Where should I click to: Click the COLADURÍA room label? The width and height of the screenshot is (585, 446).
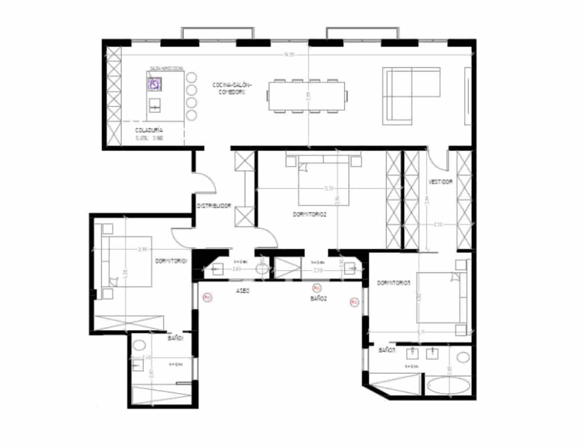(x=149, y=130)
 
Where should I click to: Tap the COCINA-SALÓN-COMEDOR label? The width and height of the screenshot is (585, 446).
(x=232, y=88)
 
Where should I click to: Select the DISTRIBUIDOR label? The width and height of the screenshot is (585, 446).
(x=214, y=206)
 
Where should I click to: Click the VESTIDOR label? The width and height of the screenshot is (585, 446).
(x=441, y=182)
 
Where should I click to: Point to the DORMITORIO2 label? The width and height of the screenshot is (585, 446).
(x=310, y=214)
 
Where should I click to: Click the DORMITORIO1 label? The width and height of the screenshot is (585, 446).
(x=171, y=261)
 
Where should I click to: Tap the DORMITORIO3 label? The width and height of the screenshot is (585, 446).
(x=394, y=283)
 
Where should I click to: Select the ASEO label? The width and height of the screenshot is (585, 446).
(x=243, y=291)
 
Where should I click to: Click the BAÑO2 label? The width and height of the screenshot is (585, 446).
(x=318, y=298)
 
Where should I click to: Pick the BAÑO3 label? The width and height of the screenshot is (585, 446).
(x=387, y=350)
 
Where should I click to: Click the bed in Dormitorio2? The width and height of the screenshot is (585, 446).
(x=324, y=182)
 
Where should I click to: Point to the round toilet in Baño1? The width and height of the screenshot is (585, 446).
(x=139, y=345)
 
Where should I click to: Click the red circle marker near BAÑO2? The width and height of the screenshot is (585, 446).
(x=316, y=288)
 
